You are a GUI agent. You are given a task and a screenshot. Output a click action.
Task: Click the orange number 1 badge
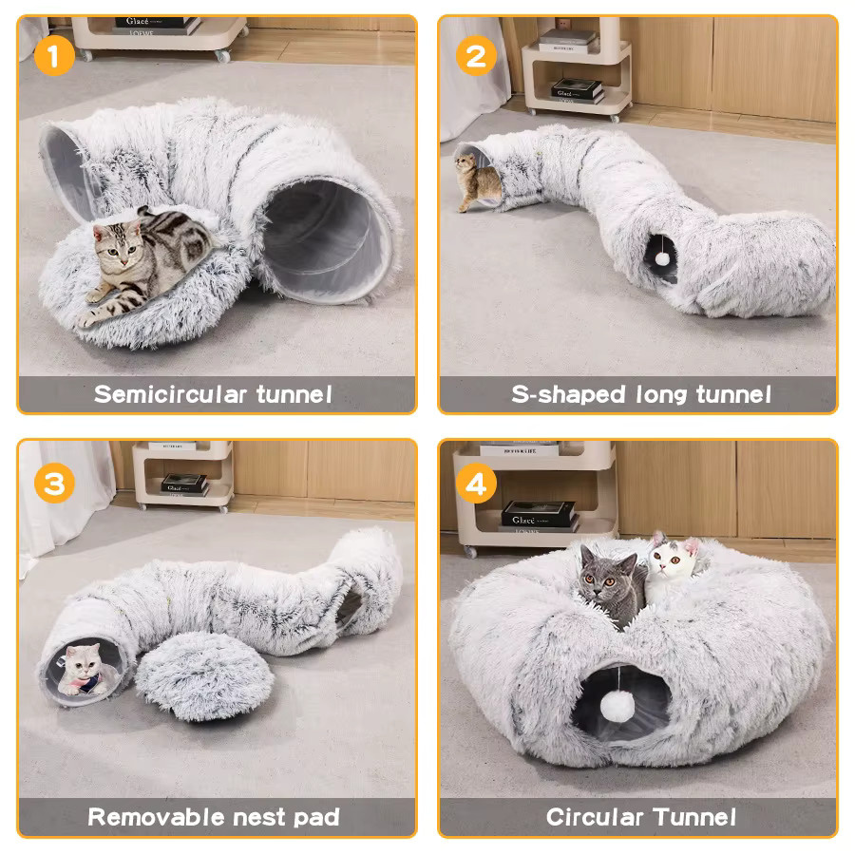(54, 56)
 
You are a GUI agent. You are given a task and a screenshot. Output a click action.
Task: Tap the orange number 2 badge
(476, 56)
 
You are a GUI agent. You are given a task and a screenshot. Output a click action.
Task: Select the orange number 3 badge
(54, 484)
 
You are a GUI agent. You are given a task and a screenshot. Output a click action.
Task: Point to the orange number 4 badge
(476, 484)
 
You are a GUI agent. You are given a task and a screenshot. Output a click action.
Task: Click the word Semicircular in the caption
(170, 394)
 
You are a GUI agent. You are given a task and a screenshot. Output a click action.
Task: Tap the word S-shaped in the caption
(568, 394)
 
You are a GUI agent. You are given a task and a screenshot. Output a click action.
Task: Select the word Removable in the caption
(156, 817)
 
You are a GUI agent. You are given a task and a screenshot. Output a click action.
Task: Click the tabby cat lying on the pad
(144, 263)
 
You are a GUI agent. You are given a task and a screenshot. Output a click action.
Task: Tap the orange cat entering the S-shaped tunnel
(476, 181)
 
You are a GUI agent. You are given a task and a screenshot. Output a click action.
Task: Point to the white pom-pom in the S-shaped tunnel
(662, 259)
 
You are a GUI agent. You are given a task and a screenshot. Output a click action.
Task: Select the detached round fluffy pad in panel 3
(204, 676)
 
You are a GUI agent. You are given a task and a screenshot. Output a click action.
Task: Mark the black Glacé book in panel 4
(539, 514)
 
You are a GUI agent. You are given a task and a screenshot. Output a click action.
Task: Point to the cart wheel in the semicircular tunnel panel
(222, 56)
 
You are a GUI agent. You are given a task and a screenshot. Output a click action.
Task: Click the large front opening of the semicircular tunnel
(326, 240)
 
